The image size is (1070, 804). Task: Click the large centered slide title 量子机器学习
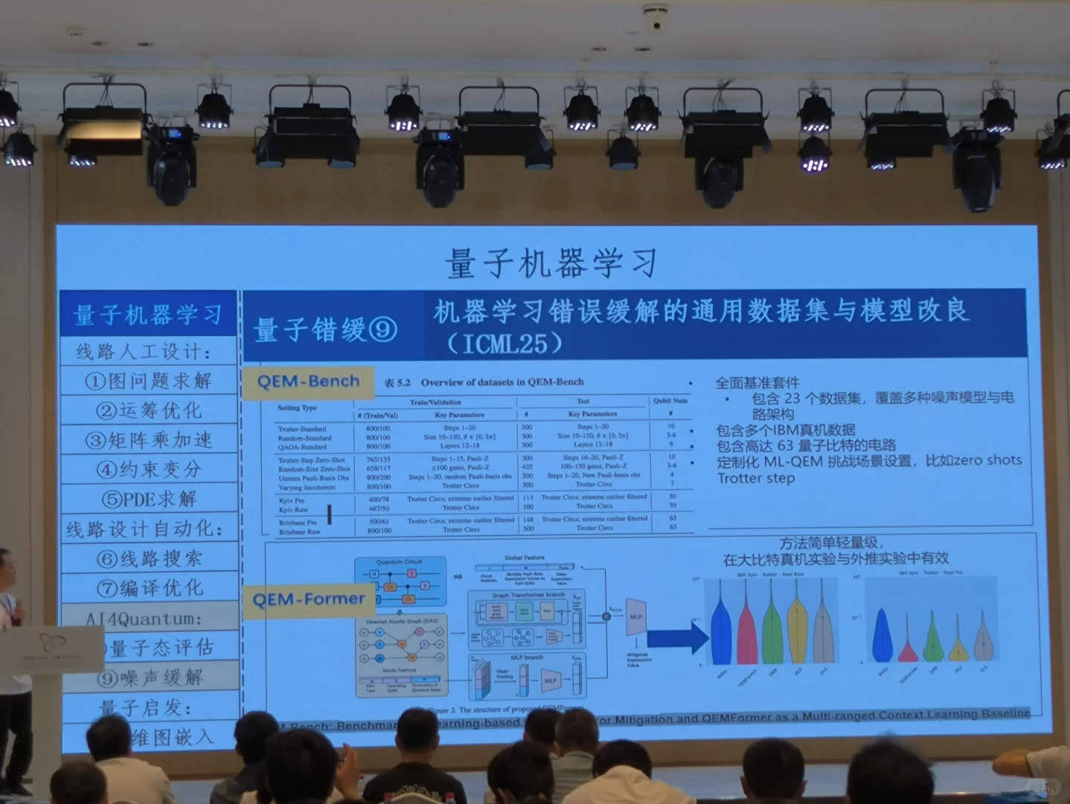(551, 264)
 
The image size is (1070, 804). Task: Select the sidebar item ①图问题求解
(148, 381)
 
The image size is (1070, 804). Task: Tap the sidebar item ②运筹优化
(148, 410)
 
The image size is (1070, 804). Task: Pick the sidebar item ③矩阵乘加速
(148, 440)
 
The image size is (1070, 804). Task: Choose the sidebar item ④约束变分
(148, 469)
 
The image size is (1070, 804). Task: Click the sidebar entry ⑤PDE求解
(148, 498)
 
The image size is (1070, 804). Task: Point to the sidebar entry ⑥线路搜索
(148, 558)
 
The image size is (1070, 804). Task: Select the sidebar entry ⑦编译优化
(148, 588)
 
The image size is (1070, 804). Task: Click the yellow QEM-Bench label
(308, 382)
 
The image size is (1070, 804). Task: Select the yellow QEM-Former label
(308, 599)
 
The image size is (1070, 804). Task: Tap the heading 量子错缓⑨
(326, 330)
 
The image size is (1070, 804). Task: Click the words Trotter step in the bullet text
(756, 479)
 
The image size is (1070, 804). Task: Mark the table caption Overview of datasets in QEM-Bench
(502, 383)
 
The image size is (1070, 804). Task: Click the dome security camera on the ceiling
(656, 18)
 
